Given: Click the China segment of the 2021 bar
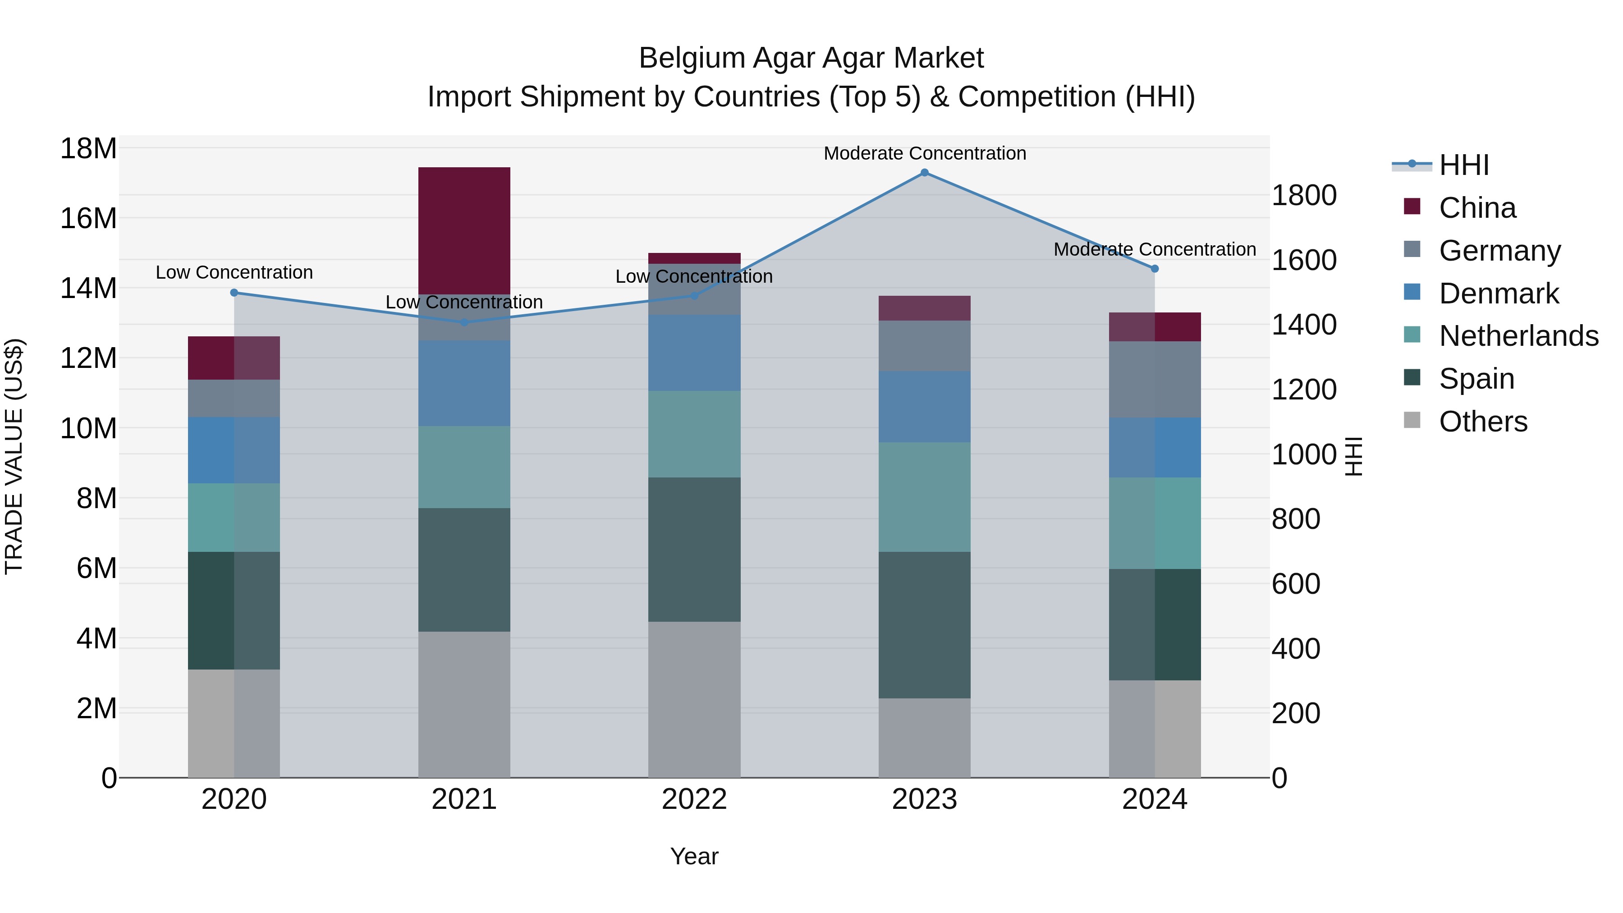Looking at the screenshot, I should (464, 230).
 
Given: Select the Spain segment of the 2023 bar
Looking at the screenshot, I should (924, 624).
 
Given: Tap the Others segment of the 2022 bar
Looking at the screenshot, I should (694, 699).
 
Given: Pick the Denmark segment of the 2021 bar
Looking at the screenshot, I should (464, 383).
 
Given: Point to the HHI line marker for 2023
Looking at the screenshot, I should (924, 173).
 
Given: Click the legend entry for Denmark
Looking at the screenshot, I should (1498, 294).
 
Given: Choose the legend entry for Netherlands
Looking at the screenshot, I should (1518, 336).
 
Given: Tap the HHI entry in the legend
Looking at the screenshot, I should (1463, 165).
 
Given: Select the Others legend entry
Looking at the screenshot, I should (1482, 422).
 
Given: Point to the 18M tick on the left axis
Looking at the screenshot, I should (88, 149).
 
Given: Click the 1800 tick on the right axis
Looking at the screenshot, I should (1303, 195).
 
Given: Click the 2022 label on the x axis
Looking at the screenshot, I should (694, 799).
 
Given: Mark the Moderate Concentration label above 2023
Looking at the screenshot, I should (924, 153).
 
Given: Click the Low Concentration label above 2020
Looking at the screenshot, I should (234, 272).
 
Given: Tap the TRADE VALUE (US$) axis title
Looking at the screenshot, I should (14, 456).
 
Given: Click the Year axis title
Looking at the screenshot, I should (694, 856).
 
